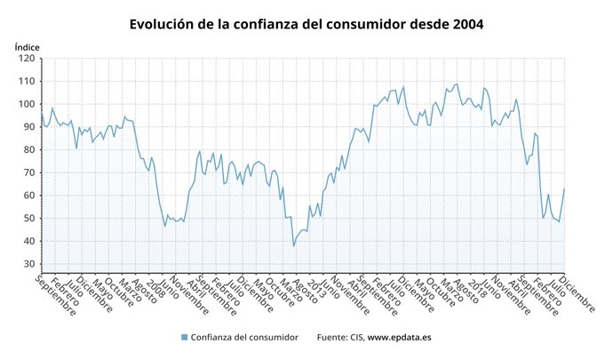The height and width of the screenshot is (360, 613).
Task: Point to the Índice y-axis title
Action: click(28, 46)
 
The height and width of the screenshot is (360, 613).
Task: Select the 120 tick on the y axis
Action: click(28, 59)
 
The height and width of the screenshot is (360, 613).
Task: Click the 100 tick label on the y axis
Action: click(28, 104)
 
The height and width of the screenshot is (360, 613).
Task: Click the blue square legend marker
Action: click(185, 338)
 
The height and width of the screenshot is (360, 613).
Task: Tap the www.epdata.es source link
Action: click(401, 338)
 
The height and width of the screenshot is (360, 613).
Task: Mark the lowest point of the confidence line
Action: click(293, 246)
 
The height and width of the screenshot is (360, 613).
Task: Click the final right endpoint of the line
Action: click(564, 188)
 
